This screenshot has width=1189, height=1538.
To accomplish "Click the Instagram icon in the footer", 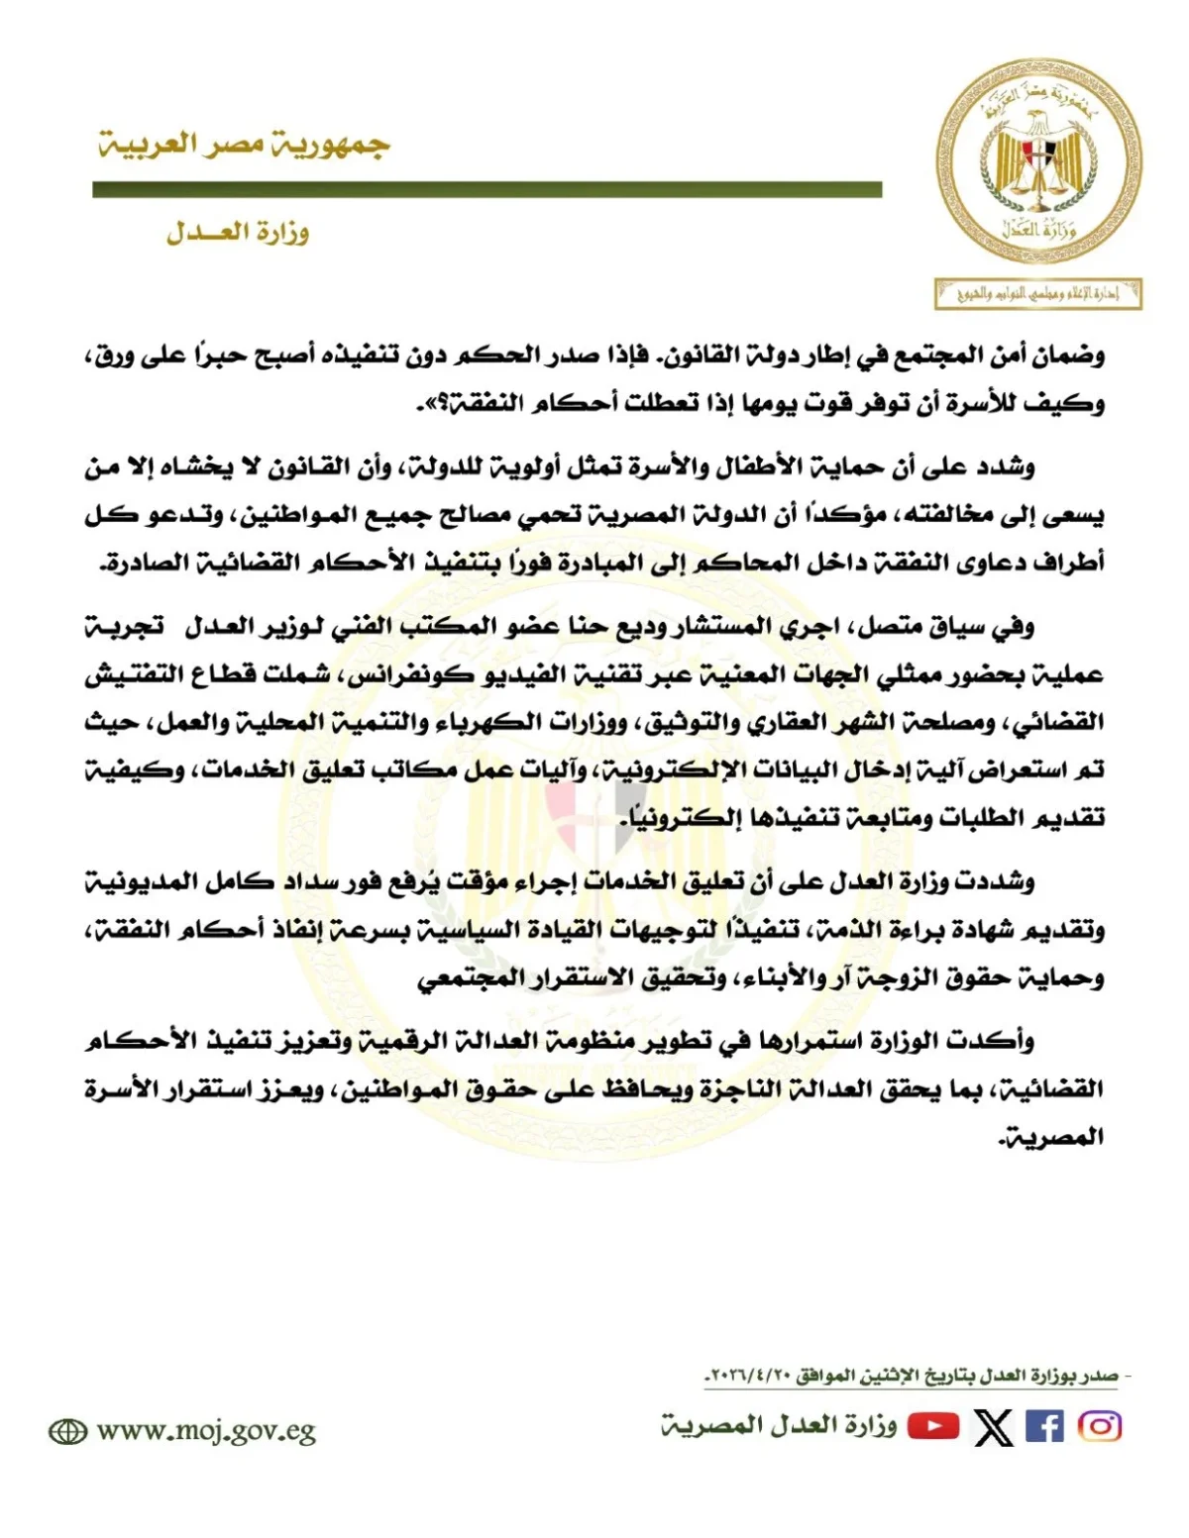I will click(x=1100, y=1426).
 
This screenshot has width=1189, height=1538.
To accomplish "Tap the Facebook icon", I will click(x=1045, y=1426).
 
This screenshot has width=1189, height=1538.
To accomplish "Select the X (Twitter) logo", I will click(x=994, y=1427).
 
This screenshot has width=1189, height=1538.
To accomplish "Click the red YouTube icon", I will click(x=933, y=1426).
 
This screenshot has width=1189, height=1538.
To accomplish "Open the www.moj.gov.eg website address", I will click(x=206, y=1431).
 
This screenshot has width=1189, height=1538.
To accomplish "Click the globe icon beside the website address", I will click(x=68, y=1432).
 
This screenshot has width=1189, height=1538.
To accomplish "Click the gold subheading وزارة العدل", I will click(x=238, y=233).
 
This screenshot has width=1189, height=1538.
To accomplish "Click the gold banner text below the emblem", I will click(x=1037, y=294).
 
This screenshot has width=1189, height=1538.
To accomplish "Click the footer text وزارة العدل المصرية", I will click(x=779, y=1426).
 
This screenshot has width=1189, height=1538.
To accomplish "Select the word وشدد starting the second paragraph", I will click(x=1007, y=466).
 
